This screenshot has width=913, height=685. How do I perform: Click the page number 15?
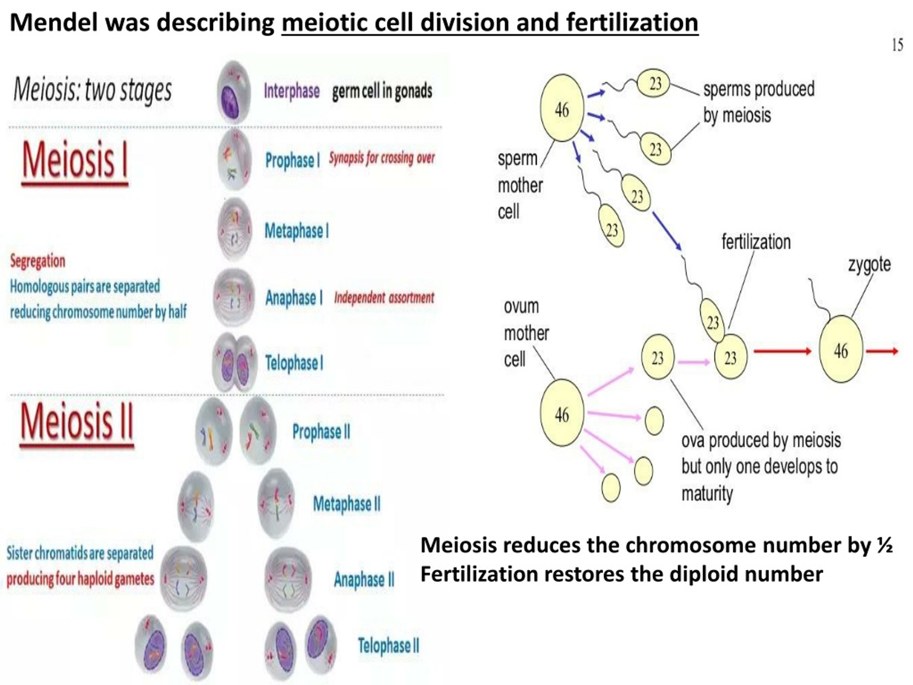coord(897,45)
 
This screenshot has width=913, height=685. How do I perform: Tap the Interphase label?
coord(291,91)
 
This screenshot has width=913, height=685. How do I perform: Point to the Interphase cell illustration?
coord(234,92)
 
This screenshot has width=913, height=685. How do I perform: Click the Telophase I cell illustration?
coord(234,363)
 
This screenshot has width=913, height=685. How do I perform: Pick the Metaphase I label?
coord(297,231)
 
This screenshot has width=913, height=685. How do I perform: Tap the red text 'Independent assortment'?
coord(384,298)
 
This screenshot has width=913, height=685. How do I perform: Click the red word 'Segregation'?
coord(37,261)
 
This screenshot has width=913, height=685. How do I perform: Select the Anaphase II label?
coord(364,579)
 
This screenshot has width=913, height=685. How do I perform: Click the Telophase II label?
coord(388,645)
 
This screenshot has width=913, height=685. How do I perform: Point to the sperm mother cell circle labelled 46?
coord(562,108)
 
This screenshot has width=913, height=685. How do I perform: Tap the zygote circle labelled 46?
coord(841,349)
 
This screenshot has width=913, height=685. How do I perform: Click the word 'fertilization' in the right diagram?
coord(756,242)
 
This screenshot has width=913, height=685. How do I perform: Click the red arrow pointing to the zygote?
coord(782,351)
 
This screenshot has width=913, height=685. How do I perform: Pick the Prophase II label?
coord(321,431)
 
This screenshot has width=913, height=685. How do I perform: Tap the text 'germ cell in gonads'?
coord(382,91)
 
